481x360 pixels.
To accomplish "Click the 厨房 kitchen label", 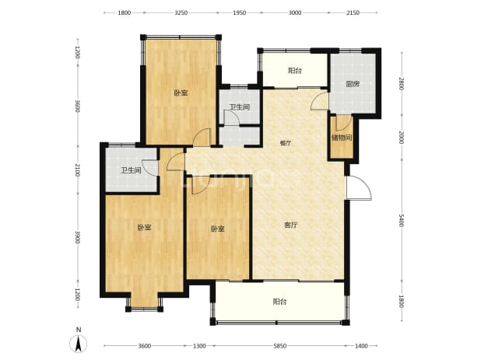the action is coord(353,84).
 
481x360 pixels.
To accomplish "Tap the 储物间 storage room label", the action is coord(342,138).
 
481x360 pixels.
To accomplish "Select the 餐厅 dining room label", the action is coord(286,143).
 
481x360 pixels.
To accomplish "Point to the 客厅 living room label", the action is coord(291,225).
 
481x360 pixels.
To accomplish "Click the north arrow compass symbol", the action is coord(79,341).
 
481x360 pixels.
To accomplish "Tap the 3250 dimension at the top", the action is coord(181,13).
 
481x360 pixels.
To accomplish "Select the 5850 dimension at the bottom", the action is coord(279,346).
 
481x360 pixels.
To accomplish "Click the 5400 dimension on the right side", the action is coord(402,220).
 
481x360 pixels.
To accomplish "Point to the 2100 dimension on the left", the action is coord(78,170).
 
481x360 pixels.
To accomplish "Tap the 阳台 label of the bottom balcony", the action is coord(279,302).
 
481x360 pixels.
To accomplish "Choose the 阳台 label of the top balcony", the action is coord(295,71).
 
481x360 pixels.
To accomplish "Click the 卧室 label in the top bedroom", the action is coord(181,93).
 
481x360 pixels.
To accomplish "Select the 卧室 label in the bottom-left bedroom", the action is coord(144,228).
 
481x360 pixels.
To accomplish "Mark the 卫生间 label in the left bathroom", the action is coord(131,170).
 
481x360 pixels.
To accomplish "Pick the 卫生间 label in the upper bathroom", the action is coord(240,107).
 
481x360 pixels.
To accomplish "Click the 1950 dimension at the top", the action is coord(240,13).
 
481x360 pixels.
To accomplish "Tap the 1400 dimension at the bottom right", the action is coord(361,346).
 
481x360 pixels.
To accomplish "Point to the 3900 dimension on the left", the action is coord(78,237).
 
